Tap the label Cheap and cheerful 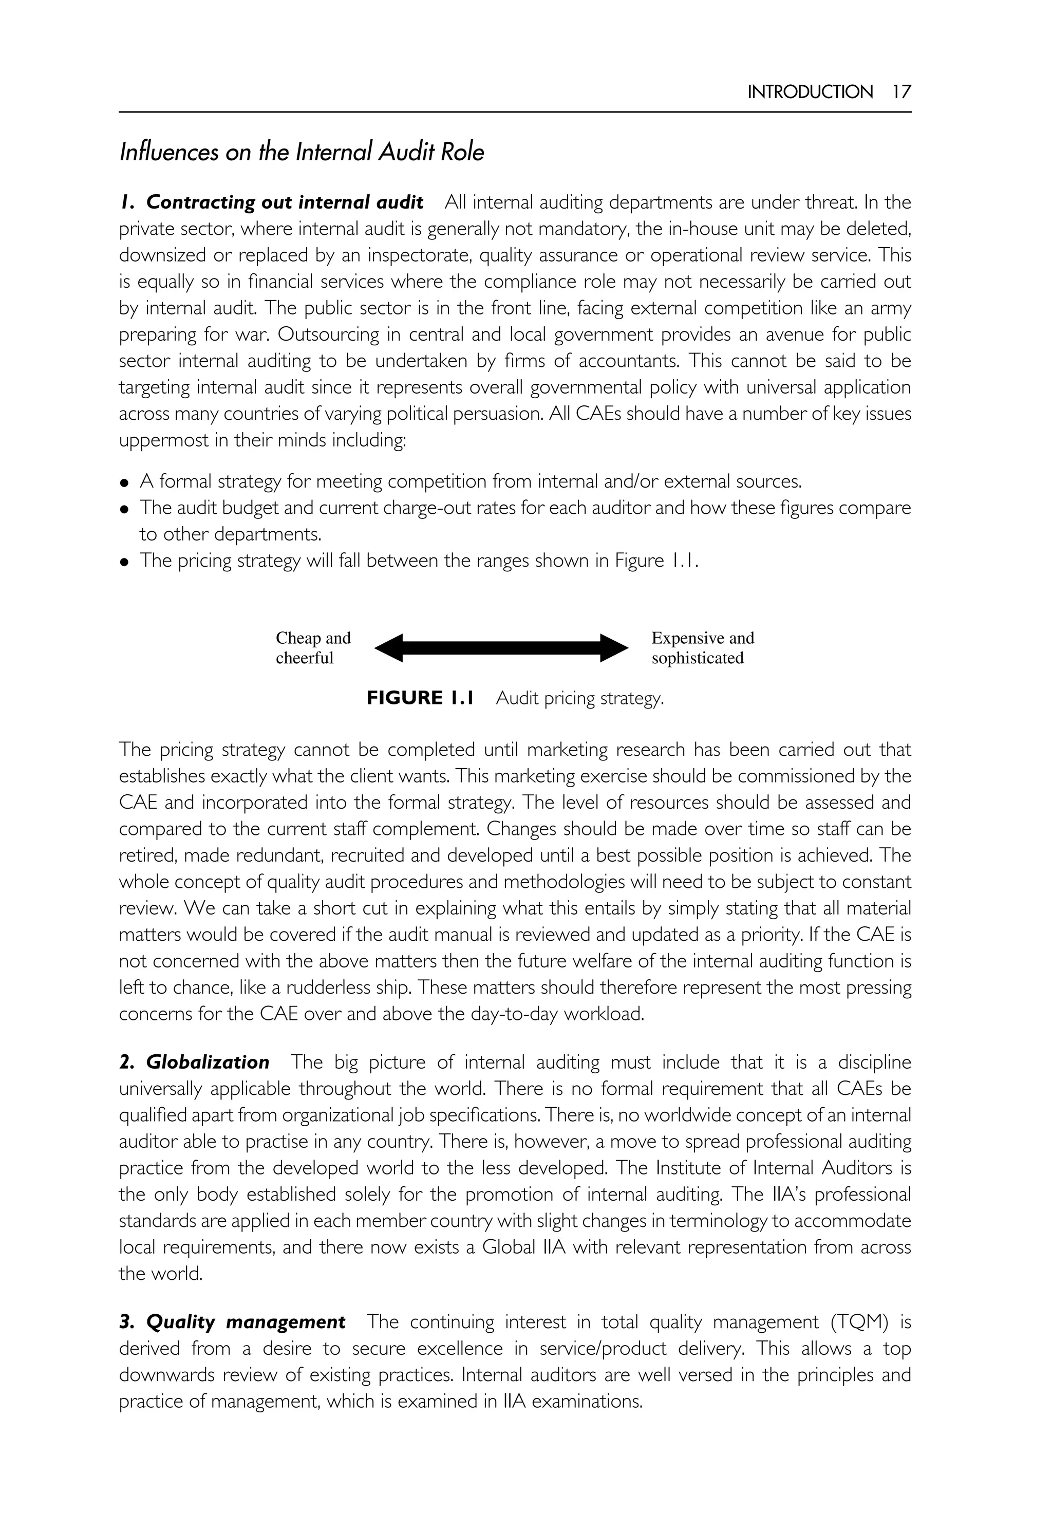pyautogui.click(x=313, y=647)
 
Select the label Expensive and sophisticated pyautogui.click(x=702, y=647)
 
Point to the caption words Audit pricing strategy pyautogui.click(x=579, y=698)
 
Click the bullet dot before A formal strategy pyautogui.click(x=124, y=482)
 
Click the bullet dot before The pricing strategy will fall pyautogui.click(x=124, y=562)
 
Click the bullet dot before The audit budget pyautogui.click(x=124, y=509)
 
